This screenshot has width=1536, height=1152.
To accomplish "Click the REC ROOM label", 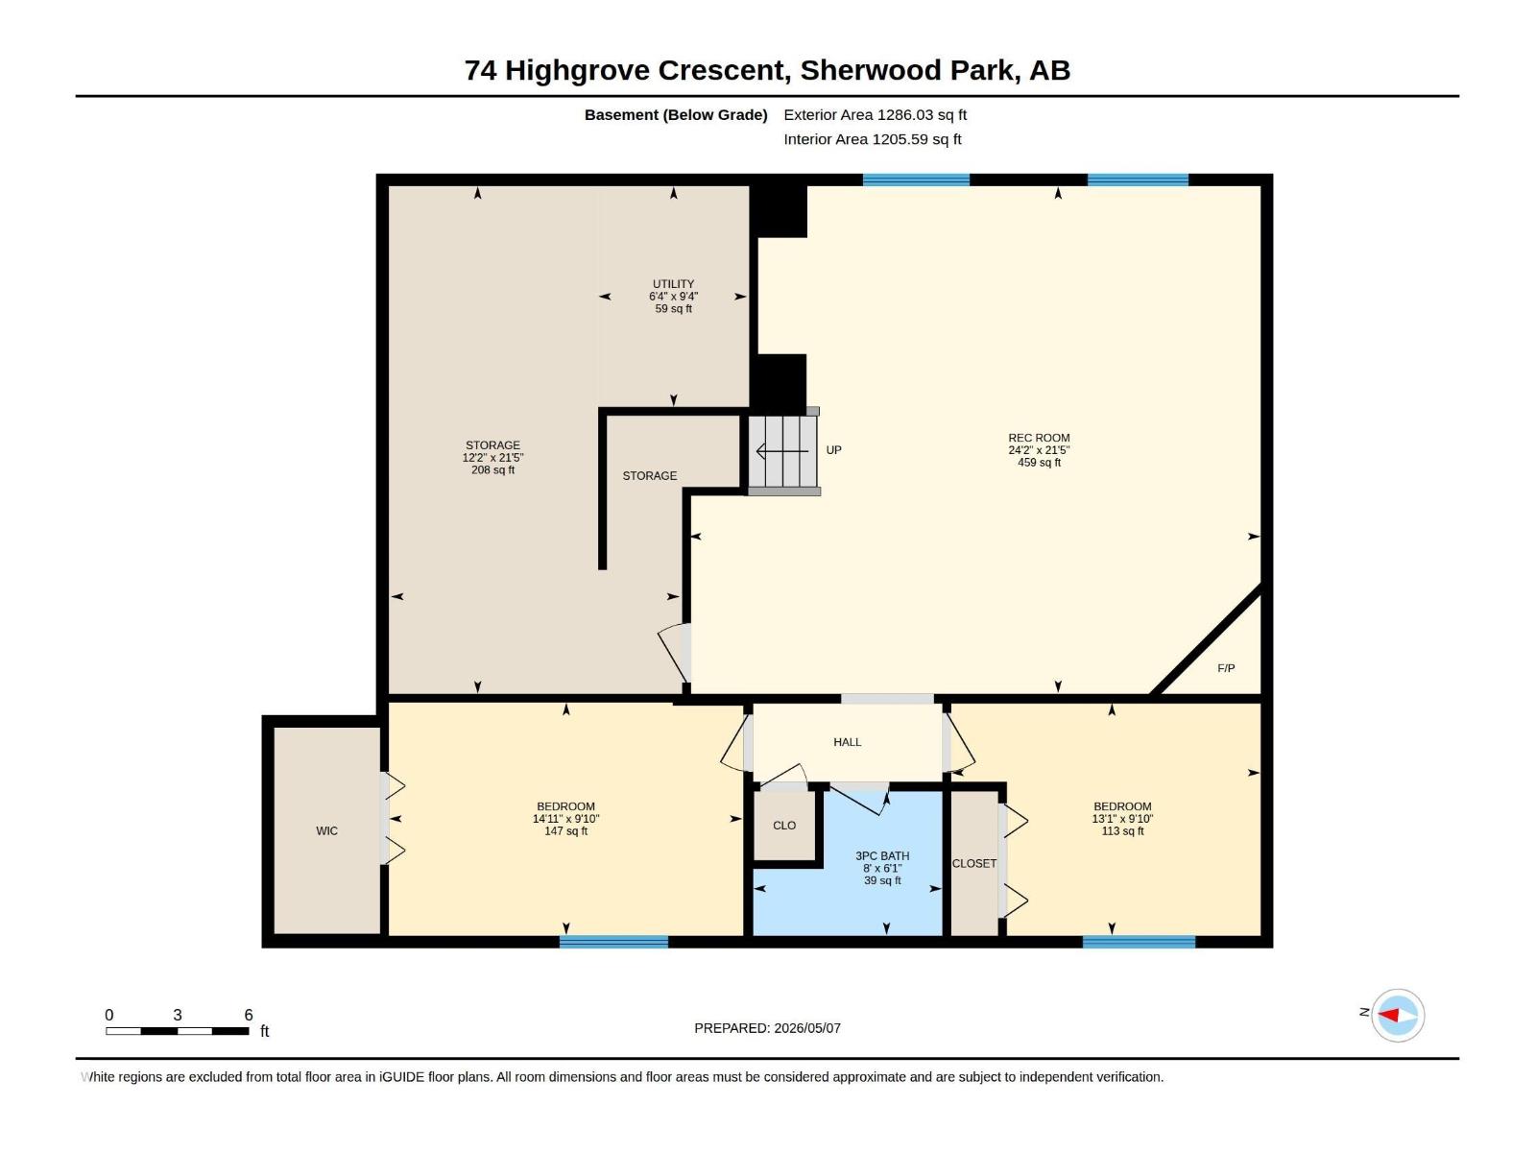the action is (x=1039, y=438).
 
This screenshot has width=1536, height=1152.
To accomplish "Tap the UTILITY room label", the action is (x=673, y=284).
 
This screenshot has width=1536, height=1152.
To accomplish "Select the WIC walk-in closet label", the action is (x=326, y=831).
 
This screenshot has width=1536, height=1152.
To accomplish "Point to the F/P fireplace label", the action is (x=1226, y=668).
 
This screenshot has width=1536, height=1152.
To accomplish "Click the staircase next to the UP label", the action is (x=782, y=451).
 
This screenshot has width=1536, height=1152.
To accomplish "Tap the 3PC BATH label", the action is (x=882, y=855).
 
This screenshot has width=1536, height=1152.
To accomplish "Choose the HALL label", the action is (x=847, y=742).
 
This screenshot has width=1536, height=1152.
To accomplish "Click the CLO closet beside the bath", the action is (x=784, y=826).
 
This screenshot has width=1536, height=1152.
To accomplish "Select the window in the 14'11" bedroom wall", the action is (x=613, y=942).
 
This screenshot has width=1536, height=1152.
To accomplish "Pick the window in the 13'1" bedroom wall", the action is (x=1139, y=942).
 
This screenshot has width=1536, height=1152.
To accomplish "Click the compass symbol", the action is (x=1398, y=1015).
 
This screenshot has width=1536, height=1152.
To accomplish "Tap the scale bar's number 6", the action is (x=249, y=1015).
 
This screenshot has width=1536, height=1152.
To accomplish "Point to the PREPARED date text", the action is (x=768, y=1028).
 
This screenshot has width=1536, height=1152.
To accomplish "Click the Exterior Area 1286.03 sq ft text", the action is (x=875, y=114).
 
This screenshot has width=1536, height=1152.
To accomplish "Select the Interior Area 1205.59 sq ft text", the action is (x=872, y=139).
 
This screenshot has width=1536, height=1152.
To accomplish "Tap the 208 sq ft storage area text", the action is (x=492, y=470).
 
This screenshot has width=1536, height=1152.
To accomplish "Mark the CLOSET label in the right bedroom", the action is (x=974, y=864).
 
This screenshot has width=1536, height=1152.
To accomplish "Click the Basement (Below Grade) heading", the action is (x=676, y=114).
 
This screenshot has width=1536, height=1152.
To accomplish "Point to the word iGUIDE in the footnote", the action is (x=401, y=1077).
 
